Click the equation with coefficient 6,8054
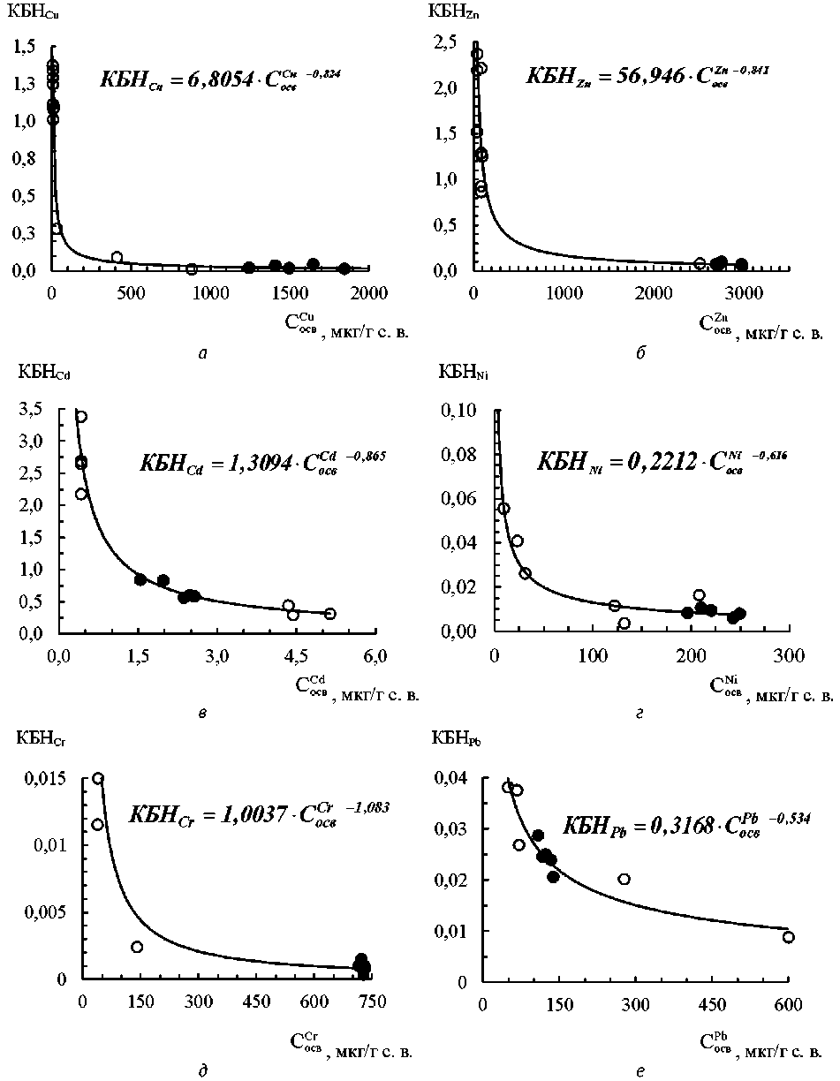[x=219, y=78]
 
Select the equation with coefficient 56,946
[x=647, y=75]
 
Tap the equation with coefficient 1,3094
[x=262, y=462]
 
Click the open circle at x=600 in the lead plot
[x=788, y=937]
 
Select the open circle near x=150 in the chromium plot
[x=137, y=947]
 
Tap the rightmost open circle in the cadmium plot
[x=329, y=614]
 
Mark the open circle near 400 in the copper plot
[x=117, y=257]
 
